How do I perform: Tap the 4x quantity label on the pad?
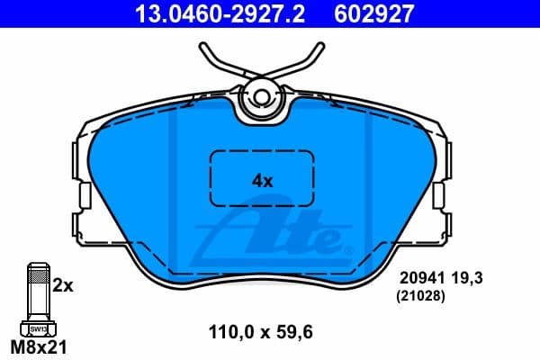[x=261, y=179]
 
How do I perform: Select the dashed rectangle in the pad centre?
[x=261, y=178]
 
